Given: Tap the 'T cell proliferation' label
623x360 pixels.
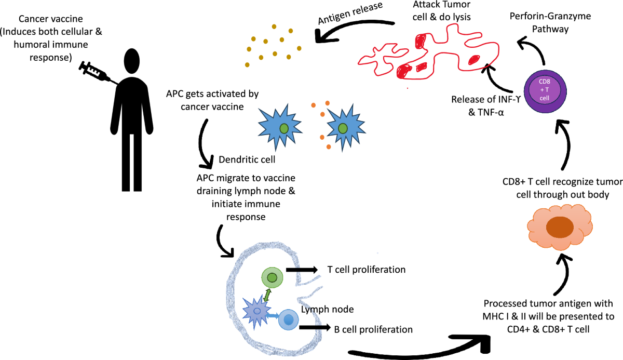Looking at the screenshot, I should pos(366,270).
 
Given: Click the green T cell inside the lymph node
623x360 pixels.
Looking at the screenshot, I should pos(272,278).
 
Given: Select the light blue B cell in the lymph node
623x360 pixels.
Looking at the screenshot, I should pos(289,319).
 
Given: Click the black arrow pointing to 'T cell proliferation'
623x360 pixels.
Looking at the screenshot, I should pos(302,270).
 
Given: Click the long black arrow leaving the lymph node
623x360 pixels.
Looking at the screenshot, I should pos(415,350).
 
